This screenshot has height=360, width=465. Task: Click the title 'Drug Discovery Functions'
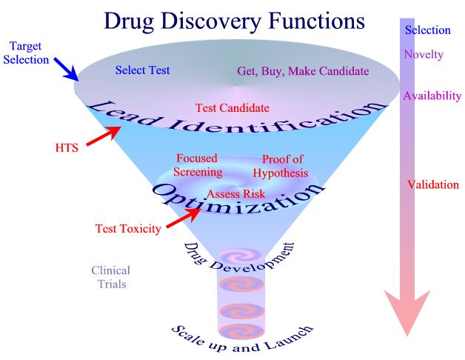click(x=233, y=21)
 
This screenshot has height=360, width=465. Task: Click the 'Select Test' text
click(x=143, y=71)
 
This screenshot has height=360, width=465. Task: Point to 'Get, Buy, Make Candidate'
click(x=303, y=71)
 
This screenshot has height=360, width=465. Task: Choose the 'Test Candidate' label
click(x=232, y=107)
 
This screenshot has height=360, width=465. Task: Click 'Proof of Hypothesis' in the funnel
click(x=283, y=165)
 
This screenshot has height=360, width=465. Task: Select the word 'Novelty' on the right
click(x=424, y=54)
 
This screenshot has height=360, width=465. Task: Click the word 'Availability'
click(x=432, y=96)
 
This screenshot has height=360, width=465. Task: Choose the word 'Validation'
click(x=433, y=184)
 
